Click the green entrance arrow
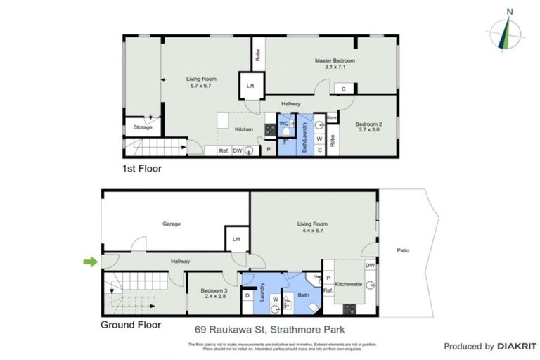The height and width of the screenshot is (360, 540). [x=90, y=262]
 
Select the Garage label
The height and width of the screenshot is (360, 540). [x=172, y=224]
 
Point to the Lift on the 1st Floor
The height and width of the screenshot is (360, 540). [x=250, y=86]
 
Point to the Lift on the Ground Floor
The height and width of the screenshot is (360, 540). [x=236, y=239]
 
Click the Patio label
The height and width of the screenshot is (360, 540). [x=402, y=250]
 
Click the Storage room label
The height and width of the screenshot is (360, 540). [x=143, y=127]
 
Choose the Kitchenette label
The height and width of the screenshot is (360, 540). [x=348, y=284]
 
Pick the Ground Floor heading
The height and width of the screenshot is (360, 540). [x=131, y=325]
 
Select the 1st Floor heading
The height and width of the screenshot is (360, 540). [x=143, y=169]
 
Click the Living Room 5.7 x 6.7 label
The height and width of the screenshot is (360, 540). [x=201, y=82]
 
